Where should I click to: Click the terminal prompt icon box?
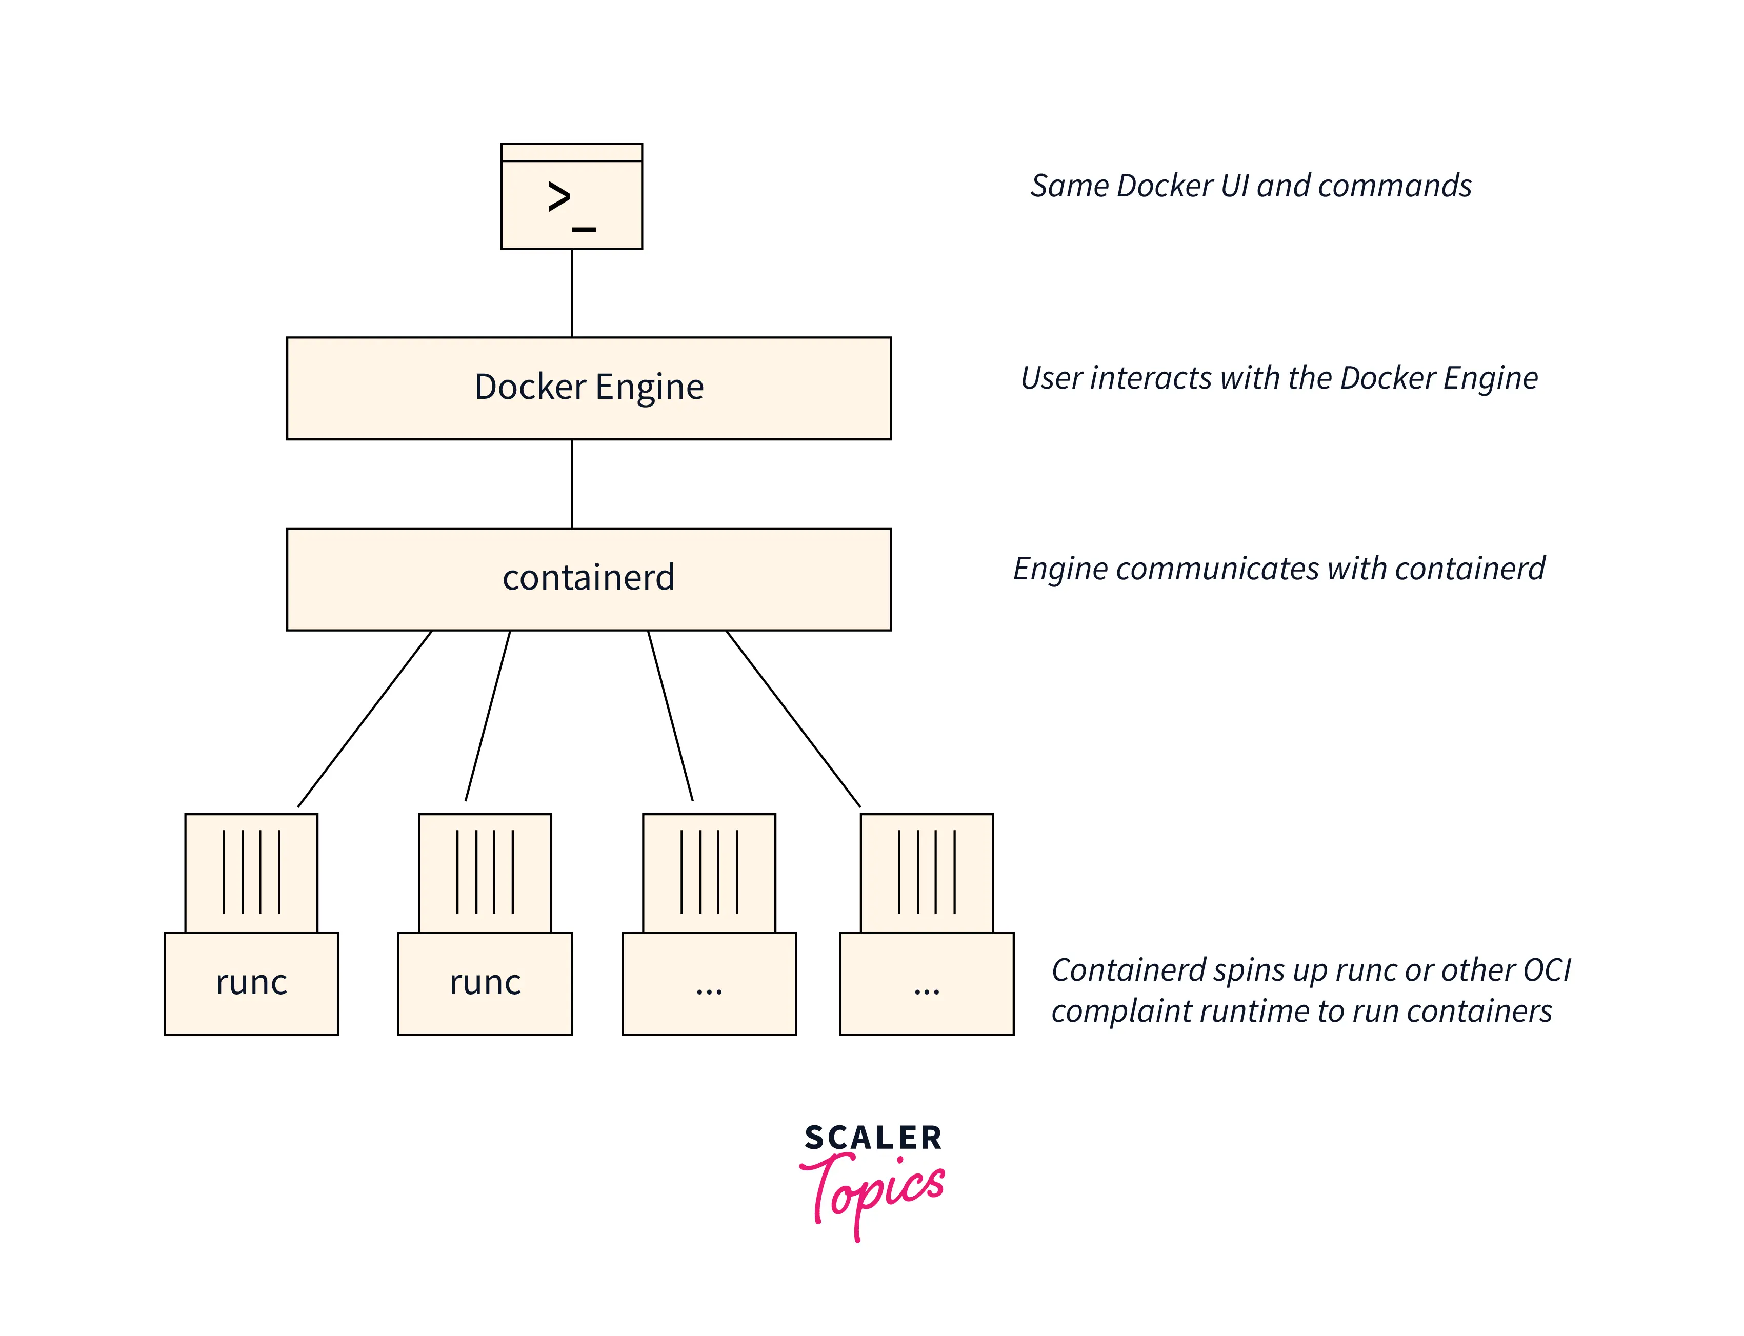point(571,196)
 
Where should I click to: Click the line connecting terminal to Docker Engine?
point(571,293)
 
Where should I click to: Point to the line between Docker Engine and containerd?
point(571,483)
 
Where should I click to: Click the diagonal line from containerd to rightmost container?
point(793,719)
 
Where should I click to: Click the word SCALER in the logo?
point(872,1138)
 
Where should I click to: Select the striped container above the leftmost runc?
point(251,873)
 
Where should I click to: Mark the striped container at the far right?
point(927,873)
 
